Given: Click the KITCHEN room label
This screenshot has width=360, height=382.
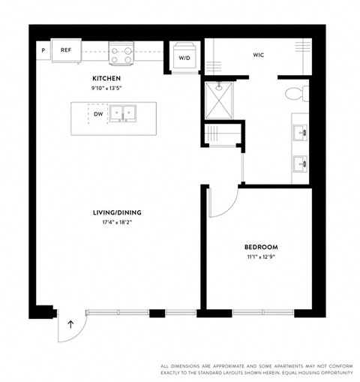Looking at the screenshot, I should (x=106, y=78).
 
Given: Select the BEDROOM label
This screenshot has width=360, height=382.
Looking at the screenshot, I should (x=261, y=247).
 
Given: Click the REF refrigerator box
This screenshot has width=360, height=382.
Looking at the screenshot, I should (x=66, y=50).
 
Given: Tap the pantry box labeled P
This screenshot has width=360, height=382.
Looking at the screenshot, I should (x=43, y=50).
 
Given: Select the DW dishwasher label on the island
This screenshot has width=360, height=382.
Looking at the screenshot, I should (x=98, y=114).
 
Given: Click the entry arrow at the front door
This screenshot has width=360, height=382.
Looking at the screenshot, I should (x=71, y=325).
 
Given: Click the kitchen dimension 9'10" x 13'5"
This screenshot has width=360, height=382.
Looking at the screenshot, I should (x=106, y=88).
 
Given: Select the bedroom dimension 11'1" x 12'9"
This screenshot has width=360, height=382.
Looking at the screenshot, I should (x=261, y=257).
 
